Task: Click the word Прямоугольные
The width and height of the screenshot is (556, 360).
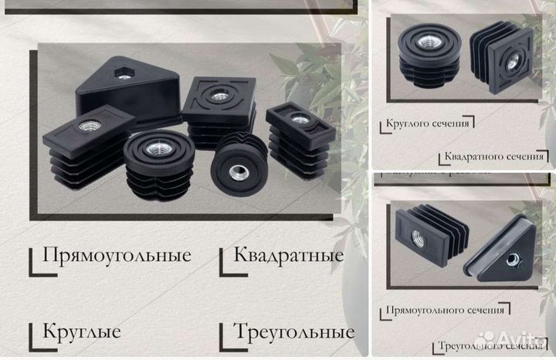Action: coord(117,256)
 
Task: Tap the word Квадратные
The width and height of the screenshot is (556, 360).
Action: coord(288,255)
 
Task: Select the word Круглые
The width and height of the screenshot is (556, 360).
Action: coord(82,332)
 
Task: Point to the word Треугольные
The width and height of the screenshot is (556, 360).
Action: coord(293,333)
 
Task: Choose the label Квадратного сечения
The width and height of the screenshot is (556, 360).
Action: coord(493,156)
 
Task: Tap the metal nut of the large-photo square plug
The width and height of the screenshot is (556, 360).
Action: coord(220,97)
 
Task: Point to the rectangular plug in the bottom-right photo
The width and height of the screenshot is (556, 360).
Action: coord(428,232)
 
